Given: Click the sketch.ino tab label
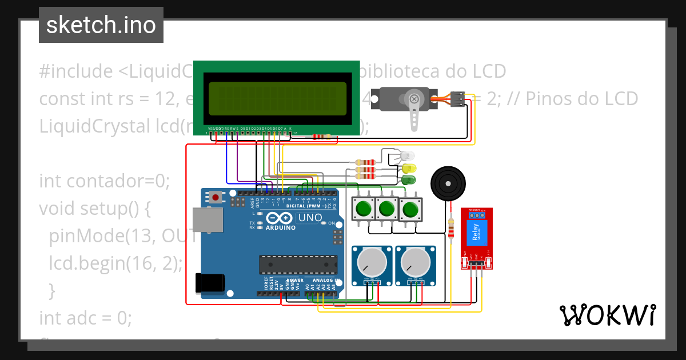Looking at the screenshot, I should click(101, 25).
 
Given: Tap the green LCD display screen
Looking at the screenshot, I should click(277, 97).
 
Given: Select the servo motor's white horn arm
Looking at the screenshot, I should click(414, 114).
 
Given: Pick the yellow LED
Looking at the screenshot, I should click(409, 169).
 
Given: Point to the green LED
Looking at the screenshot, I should click(409, 181).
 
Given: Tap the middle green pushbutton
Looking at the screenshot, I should click(386, 209).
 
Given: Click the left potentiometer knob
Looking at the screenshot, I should click(371, 263).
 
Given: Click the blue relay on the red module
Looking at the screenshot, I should click(476, 232).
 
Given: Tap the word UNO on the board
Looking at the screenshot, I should click(310, 218).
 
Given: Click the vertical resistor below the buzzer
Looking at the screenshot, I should click(452, 228).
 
